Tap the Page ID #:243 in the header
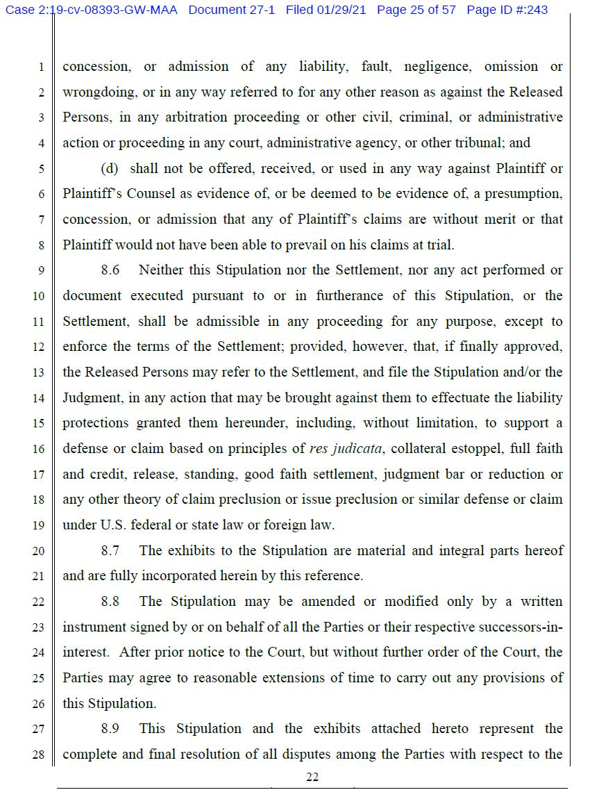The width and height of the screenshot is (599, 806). [507, 10]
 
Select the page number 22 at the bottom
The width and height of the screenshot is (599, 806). [312, 778]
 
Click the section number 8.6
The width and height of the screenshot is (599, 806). [110, 270]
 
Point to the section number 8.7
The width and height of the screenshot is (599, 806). [110, 551]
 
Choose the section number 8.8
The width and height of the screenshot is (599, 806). [110, 602]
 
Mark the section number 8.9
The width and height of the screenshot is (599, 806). [110, 729]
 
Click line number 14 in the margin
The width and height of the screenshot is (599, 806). [38, 398]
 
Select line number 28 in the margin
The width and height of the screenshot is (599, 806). [38, 755]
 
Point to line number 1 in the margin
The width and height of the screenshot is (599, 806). [41, 68]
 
